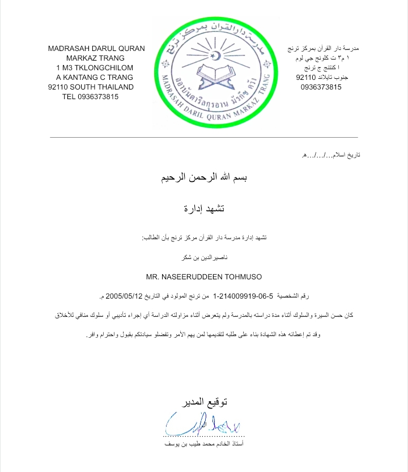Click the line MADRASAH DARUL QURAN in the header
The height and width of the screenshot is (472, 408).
tap(96, 48)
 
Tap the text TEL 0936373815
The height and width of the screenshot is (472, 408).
tap(91, 96)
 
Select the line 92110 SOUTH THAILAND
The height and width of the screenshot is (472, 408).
tap(91, 87)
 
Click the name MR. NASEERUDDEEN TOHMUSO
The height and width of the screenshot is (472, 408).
tap(203, 277)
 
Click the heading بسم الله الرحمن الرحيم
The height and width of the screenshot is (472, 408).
tap(203, 178)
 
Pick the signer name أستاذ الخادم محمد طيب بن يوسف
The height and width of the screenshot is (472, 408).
tap(203, 445)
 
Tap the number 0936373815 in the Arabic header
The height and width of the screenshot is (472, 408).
tap(321, 87)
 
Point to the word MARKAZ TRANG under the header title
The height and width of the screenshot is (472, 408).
tap(96, 58)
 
